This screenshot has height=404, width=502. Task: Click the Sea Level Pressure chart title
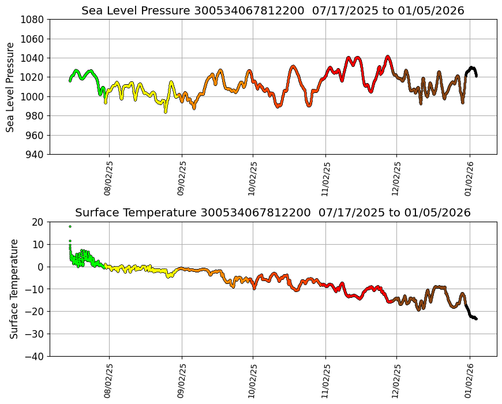coord(272,10)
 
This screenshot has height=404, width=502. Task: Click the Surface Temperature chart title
coord(272,212)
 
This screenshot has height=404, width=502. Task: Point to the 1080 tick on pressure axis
coord(34,20)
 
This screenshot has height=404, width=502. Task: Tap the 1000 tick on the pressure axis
coord(34,97)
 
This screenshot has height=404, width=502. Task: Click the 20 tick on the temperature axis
coord(39,222)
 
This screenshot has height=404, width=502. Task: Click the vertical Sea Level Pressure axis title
coord(11,87)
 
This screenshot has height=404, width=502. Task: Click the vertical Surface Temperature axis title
coord(14,289)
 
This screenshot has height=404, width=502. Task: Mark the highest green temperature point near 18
coord(70,226)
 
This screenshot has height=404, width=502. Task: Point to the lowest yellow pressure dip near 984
coord(165,111)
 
